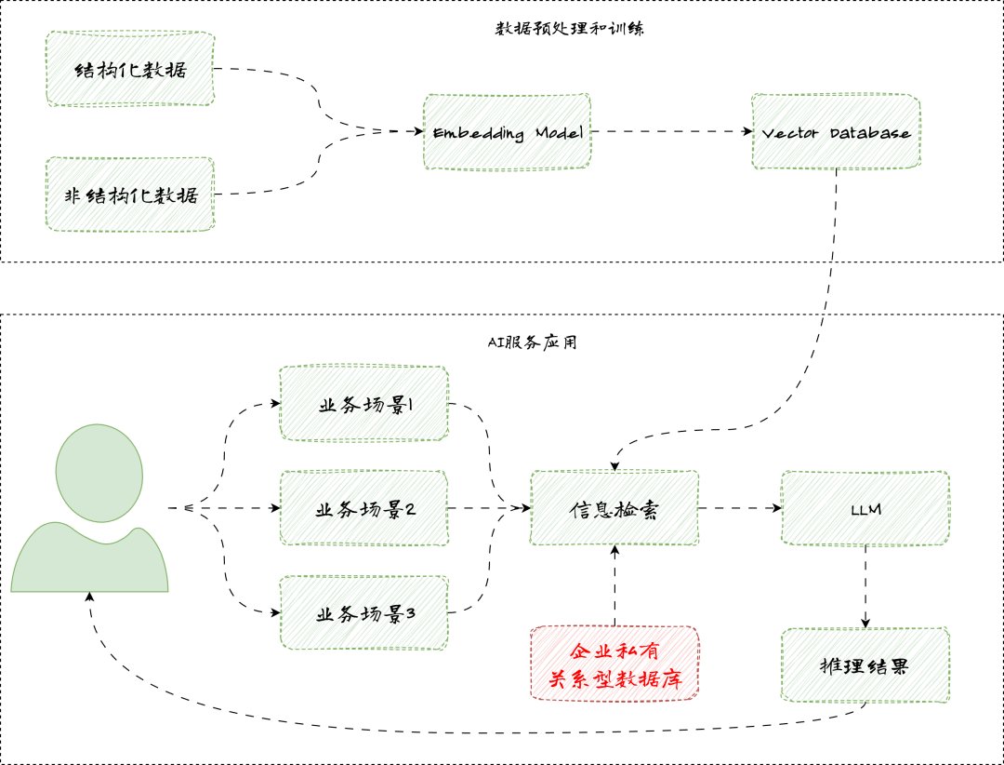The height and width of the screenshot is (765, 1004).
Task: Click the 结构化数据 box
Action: [130, 71]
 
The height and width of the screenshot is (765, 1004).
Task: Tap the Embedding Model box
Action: [507, 131]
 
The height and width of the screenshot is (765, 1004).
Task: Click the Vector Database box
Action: [836, 131]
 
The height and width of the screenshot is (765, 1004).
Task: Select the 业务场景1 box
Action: [363, 404]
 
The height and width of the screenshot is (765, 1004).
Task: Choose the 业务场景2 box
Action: [363, 508]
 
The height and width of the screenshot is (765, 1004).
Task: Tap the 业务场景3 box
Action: [363, 612]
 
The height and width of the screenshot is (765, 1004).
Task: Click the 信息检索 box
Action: [614, 508]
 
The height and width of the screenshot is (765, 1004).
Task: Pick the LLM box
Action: [865, 508]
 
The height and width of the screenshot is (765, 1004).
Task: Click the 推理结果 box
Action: [865, 665]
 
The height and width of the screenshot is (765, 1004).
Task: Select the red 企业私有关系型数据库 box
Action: [614, 664]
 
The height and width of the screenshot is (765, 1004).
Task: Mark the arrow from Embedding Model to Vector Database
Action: [669, 131]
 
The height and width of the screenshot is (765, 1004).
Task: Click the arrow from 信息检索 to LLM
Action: [739, 508]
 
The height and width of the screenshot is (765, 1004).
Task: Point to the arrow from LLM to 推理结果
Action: [865, 586]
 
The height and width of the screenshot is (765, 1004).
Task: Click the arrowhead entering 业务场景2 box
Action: [276, 508]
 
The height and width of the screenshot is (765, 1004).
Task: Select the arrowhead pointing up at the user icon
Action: [89, 599]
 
